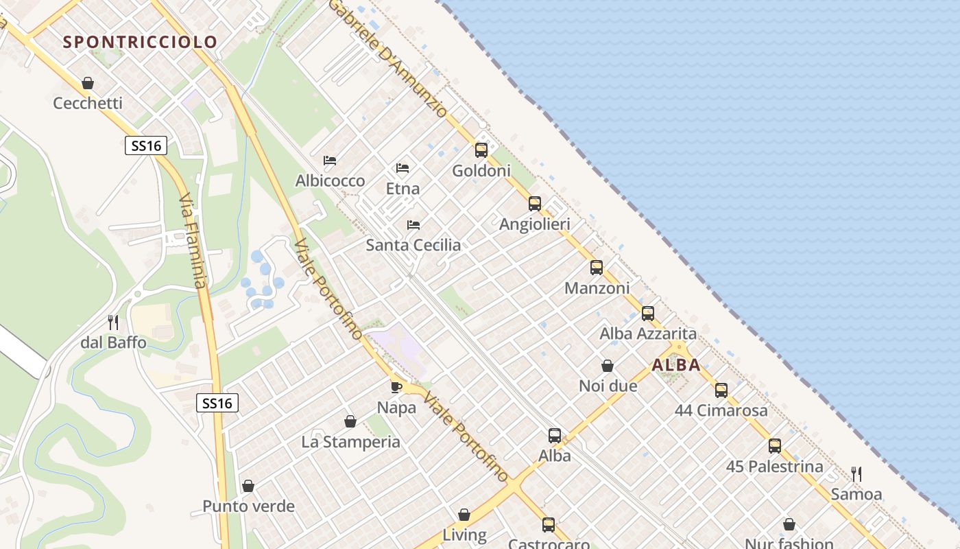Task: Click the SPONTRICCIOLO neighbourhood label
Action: tap(140, 42)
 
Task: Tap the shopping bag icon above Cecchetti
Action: tap(88, 83)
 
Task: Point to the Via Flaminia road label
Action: tap(192, 240)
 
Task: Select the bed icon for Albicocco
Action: tap(330, 161)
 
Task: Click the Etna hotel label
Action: tap(403, 188)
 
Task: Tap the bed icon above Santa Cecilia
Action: tap(413, 224)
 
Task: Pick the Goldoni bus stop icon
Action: tap(481, 150)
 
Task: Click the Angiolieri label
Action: tap(534, 224)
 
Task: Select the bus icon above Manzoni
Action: tap(597, 268)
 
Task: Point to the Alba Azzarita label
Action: tap(648, 334)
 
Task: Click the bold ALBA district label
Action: tap(676, 365)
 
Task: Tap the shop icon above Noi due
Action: tap(608, 366)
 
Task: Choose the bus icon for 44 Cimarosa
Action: tap(721, 390)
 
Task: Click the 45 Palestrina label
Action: tap(774, 467)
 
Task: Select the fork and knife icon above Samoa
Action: tap(856, 474)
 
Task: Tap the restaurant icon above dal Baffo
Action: tap(113, 322)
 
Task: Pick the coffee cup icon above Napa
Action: tap(396, 387)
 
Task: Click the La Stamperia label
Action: tap(350, 442)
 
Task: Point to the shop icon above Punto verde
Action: tap(248, 486)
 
